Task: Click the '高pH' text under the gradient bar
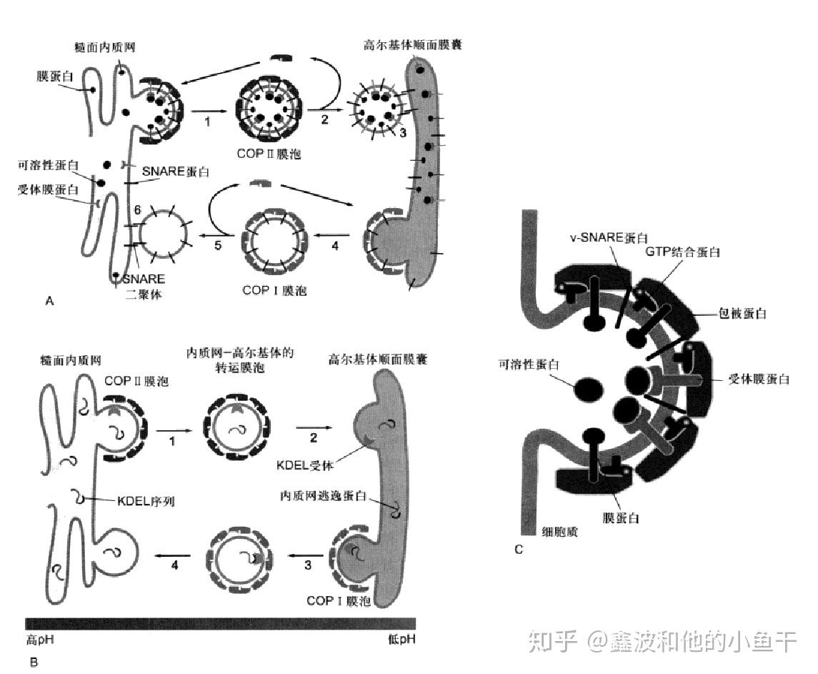click(40, 638)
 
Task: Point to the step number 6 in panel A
click(137, 208)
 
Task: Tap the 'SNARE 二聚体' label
click(144, 285)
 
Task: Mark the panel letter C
click(518, 549)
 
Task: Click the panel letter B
click(34, 662)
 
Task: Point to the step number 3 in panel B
click(308, 565)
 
